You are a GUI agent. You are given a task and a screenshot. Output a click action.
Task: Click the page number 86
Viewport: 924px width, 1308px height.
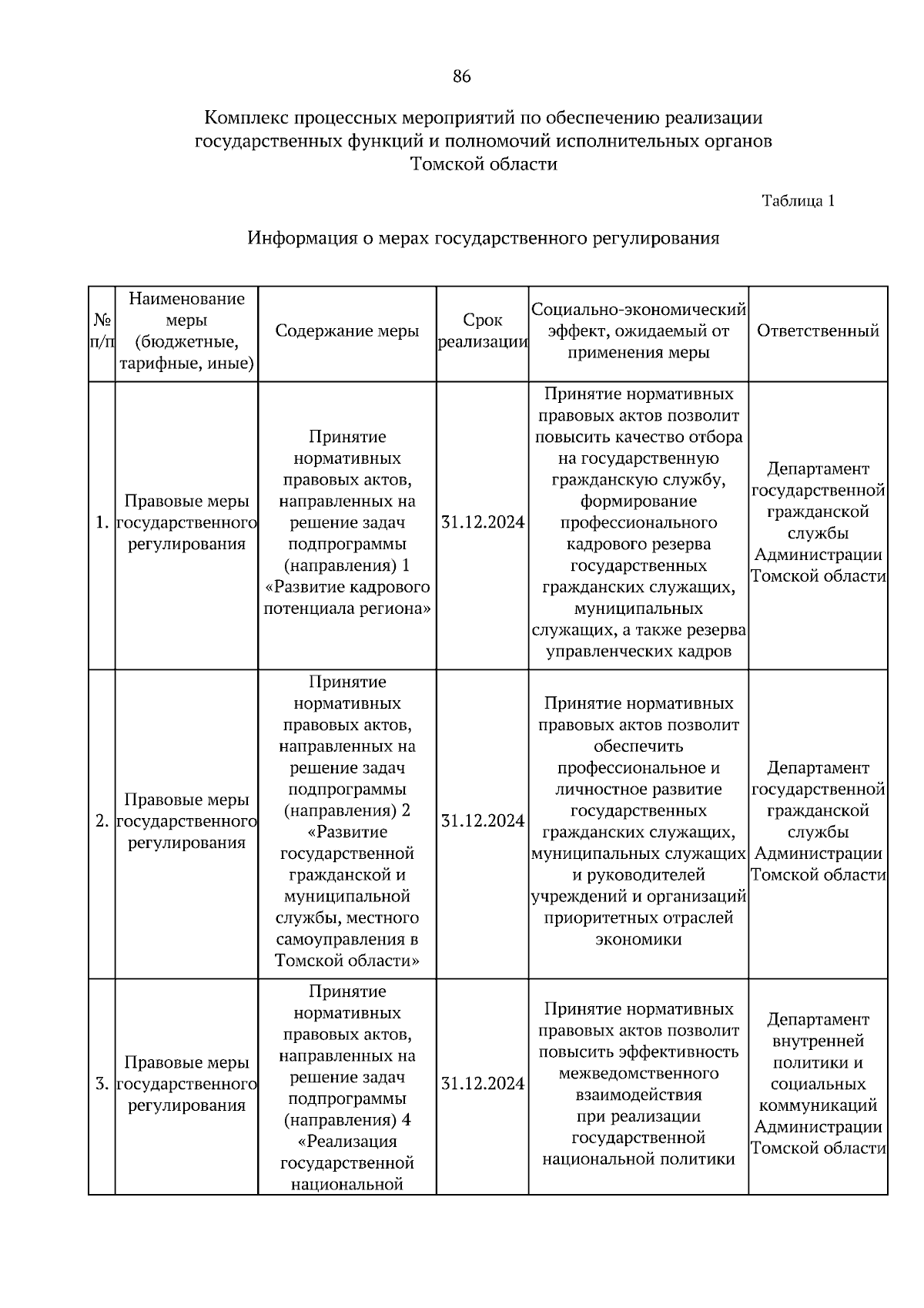point(461,76)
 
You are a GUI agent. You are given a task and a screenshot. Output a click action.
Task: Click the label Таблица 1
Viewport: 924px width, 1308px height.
point(798,201)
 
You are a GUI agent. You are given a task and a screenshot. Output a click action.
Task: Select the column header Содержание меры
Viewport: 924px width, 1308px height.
point(347,331)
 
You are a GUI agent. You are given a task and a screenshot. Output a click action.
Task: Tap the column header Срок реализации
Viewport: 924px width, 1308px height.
point(482,332)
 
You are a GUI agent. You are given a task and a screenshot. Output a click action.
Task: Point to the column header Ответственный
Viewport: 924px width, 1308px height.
point(818,331)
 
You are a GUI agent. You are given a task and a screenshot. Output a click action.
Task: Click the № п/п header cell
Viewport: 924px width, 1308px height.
point(102,331)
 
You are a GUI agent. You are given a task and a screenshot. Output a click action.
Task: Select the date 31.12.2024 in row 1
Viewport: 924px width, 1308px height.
point(482,523)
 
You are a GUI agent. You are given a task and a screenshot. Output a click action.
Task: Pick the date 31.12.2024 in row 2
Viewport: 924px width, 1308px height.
point(482,821)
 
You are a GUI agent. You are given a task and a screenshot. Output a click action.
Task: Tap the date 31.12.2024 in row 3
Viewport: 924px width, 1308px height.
point(482,1084)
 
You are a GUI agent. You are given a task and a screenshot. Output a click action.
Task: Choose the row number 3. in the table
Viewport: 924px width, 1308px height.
point(102,1085)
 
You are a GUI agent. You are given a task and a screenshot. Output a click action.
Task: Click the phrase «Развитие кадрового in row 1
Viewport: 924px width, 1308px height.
point(347,588)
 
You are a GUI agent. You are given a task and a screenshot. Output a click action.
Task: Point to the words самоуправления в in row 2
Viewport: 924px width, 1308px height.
point(347,940)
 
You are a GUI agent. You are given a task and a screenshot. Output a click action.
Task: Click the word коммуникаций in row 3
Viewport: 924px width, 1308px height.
point(818,1106)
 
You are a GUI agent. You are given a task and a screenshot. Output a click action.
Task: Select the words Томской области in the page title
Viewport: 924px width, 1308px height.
point(484,164)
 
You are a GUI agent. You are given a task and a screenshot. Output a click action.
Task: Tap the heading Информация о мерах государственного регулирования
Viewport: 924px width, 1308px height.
point(483,238)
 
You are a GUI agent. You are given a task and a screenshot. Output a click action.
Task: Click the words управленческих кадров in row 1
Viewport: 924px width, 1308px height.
point(638,652)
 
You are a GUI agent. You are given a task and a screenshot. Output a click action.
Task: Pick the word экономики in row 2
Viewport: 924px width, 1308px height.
point(638,940)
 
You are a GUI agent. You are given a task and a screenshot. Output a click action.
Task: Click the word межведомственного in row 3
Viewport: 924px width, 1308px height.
point(638,1073)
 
